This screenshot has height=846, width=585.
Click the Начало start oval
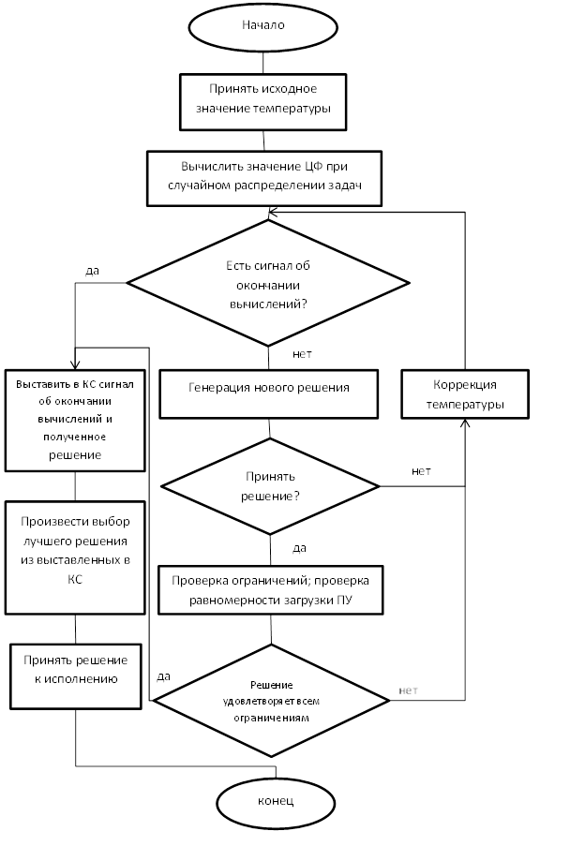click(262, 26)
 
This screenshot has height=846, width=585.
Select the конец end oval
click(276, 802)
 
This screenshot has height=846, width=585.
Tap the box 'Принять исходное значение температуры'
click(262, 102)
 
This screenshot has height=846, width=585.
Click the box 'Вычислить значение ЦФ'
click(264, 179)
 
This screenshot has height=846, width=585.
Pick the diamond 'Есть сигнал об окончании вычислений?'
click(268, 283)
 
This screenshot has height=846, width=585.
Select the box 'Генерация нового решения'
click(269, 393)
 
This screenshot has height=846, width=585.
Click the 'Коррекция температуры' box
click(465, 393)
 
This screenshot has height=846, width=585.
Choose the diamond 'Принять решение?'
click(270, 486)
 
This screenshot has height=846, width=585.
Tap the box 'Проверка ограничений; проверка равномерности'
click(270, 590)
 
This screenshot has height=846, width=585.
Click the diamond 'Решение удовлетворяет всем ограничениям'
click(272, 701)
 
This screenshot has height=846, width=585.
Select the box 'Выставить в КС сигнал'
click(75, 421)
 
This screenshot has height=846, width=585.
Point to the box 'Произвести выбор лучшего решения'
click(75, 557)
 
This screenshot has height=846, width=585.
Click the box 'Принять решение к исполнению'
click(76, 676)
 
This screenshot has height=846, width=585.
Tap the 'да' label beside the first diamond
click(92, 271)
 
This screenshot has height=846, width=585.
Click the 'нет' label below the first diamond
click(302, 354)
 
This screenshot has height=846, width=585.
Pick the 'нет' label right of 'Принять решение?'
click(422, 471)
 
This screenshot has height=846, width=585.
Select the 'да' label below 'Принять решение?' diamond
click(299, 548)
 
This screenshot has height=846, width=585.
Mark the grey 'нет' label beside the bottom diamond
click(409, 690)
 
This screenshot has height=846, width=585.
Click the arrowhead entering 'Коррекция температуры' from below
click(465, 423)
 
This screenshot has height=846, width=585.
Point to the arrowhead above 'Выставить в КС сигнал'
click(75, 365)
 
